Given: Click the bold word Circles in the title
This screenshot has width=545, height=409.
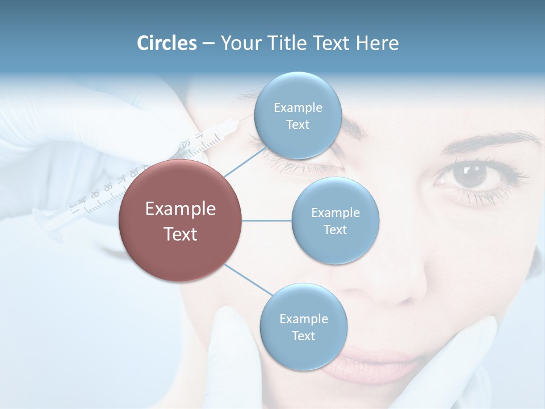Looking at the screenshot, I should tap(167, 43).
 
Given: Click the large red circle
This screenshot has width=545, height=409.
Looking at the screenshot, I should tap(181, 220).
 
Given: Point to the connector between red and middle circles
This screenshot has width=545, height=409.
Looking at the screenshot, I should tap(267, 220).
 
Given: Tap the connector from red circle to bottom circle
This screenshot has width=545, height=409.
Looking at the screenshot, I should tap(248, 279).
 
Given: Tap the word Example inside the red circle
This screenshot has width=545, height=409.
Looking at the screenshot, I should tap(181, 209).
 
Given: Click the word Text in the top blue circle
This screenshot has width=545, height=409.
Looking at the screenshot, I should tap(297, 125).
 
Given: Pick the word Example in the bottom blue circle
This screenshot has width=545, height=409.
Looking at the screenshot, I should tap(303, 319).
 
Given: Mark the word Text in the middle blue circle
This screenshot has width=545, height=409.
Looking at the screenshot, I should tap(336, 229).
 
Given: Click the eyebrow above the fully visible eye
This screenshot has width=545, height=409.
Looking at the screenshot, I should tap(483, 142).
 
